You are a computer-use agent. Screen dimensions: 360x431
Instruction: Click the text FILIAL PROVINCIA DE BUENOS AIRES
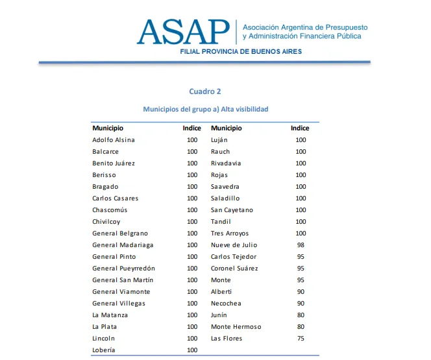click(241, 51)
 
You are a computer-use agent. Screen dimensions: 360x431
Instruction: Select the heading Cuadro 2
click(205, 91)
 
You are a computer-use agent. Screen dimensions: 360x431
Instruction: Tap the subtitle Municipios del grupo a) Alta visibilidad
click(205, 110)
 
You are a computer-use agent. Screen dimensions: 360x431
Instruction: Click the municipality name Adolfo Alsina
click(114, 140)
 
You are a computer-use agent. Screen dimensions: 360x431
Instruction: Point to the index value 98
click(301, 245)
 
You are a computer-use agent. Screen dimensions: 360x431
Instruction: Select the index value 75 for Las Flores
click(301, 339)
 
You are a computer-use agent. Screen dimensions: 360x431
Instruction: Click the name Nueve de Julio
click(234, 245)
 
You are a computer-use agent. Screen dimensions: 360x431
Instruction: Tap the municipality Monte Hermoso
click(236, 327)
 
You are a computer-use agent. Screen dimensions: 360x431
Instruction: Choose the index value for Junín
click(301, 315)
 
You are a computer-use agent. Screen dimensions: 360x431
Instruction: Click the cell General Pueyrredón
click(123, 269)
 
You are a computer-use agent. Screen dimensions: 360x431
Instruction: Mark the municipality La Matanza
click(110, 315)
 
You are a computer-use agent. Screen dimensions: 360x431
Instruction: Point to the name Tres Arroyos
click(230, 234)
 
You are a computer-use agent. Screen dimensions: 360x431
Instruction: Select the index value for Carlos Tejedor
click(301, 257)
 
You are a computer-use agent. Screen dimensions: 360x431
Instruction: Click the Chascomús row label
click(110, 210)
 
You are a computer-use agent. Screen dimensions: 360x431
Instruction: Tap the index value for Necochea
click(301, 304)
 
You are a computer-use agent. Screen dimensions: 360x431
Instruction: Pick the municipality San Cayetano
click(232, 210)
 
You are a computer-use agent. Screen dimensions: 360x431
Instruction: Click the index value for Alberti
click(301, 292)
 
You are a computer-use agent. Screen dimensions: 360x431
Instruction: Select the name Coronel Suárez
click(234, 269)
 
